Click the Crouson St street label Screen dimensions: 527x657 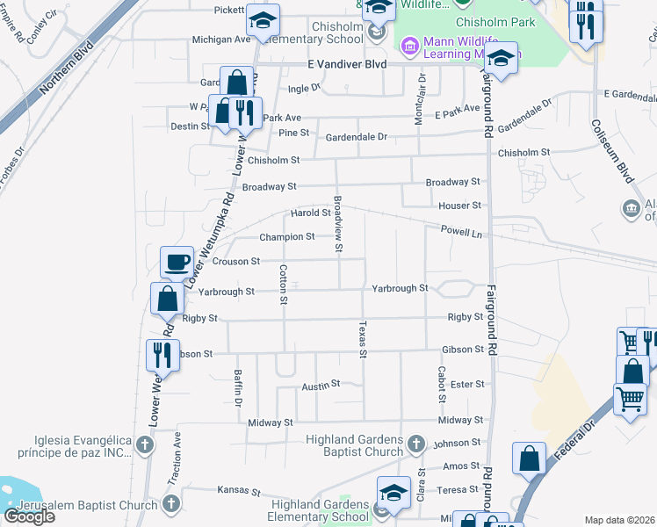click(236, 261)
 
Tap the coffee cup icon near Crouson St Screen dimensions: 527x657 click(177, 261)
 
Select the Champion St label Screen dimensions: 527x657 click(287, 237)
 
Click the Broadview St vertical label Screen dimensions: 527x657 click(338, 223)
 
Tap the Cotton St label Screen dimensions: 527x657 click(284, 285)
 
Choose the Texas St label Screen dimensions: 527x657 click(361, 339)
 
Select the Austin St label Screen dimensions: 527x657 click(321, 385)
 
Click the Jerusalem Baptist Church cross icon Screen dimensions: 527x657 click(171, 504)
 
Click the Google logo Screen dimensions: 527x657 click(29, 516)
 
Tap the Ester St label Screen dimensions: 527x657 click(467, 385)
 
